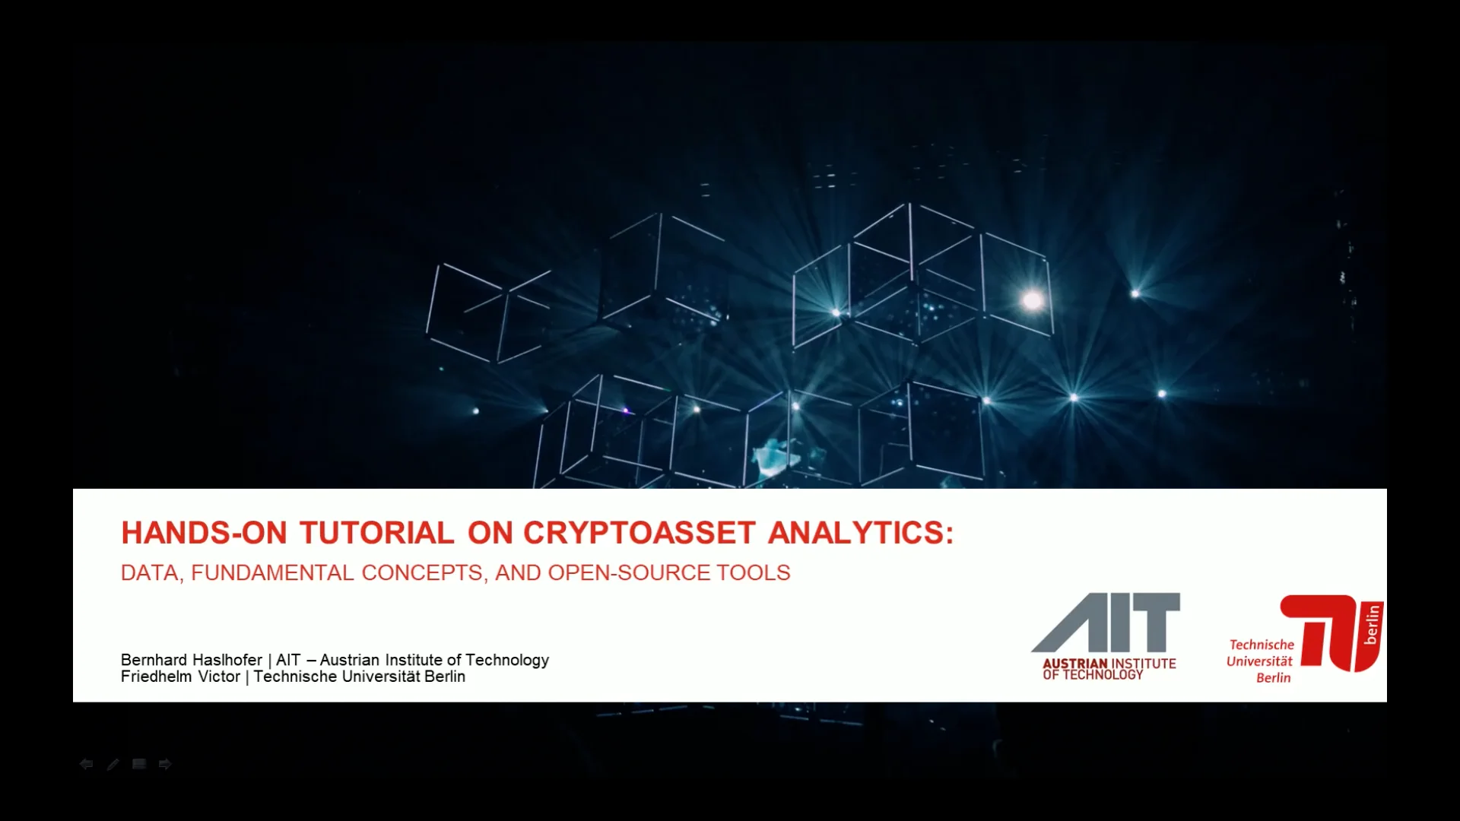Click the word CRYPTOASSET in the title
(639, 533)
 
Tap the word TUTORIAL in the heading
(376, 533)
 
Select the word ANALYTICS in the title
(859, 533)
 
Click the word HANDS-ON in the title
(204, 533)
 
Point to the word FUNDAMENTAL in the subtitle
(271, 572)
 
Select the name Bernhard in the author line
(152, 660)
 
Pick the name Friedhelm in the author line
(156, 677)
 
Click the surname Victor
(219, 677)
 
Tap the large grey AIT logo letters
(1106, 622)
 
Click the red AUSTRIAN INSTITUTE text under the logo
(1109, 664)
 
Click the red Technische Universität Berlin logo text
(1260, 661)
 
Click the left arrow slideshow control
(86, 764)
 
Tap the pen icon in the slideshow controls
(113, 764)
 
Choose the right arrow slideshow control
(165, 764)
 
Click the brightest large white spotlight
(1032, 300)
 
